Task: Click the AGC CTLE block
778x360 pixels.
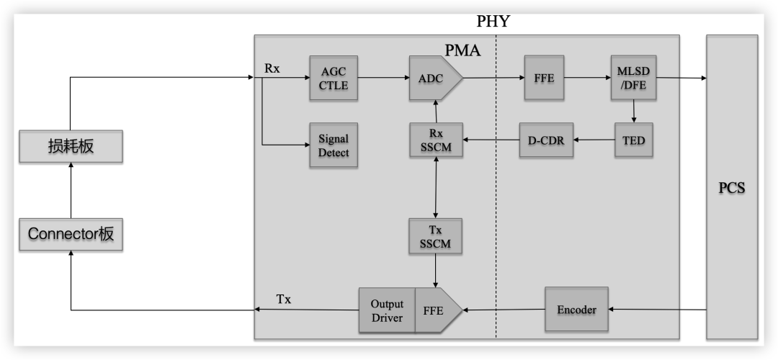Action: click(333, 78)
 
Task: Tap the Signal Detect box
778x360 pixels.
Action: click(333, 145)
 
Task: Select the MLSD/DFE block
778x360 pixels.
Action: click(633, 78)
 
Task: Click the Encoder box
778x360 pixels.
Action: click(576, 310)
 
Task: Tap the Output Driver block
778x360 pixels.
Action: click(387, 310)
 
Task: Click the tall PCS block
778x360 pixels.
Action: click(731, 187)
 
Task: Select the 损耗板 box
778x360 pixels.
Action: click(71, 146)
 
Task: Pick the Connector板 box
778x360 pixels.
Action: click(71, 233)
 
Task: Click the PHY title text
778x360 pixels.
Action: click(493, 22)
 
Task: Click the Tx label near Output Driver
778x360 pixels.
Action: click(284, 299)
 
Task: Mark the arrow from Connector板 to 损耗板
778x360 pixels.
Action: click(71, 190)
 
